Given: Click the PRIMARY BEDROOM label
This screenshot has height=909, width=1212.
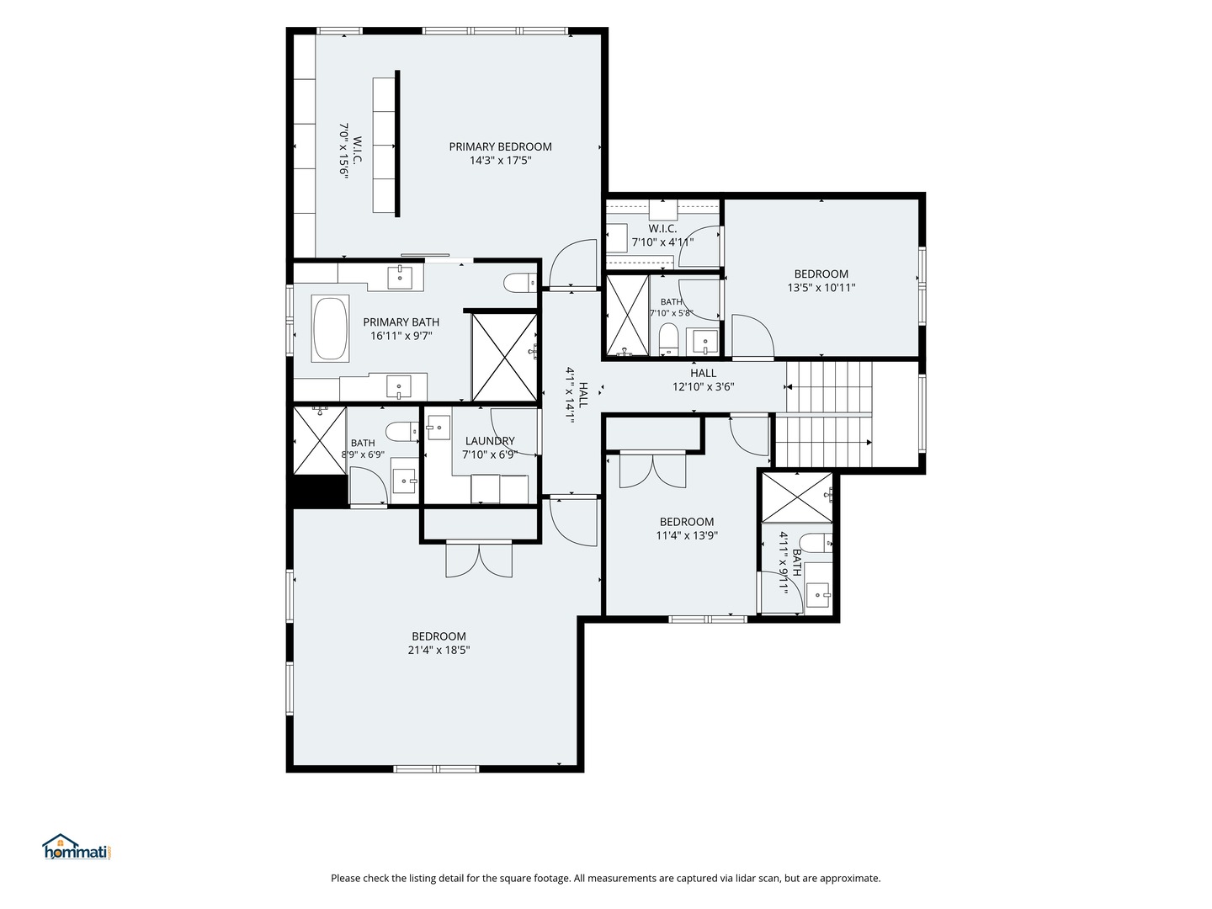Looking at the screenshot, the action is tap(500, 146).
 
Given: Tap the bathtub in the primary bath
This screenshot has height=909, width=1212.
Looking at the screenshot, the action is tap(330, 329).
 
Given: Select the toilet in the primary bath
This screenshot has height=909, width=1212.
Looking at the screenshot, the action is tap(519, 283).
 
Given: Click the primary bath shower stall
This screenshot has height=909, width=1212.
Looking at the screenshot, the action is tap(504, 358).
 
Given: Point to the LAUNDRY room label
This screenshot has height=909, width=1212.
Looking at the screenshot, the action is tap(490, 441).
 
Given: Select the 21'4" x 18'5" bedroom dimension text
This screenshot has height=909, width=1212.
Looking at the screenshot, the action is tap(439, 650).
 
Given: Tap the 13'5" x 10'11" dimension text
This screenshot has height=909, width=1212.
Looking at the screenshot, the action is tap(821, 288).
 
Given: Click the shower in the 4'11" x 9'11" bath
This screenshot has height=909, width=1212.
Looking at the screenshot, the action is tap(797, 497).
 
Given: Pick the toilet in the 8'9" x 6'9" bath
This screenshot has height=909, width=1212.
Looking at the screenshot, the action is tap(402, 432).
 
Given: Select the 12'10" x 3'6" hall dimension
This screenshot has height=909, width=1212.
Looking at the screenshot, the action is tap(703, 387).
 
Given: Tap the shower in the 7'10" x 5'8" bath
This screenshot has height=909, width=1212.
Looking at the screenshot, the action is tap(628, 315).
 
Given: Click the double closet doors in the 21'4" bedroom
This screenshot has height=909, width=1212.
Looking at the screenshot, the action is tap(479, 559).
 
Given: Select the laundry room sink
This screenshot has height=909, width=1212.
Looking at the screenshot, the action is tap(439, 428).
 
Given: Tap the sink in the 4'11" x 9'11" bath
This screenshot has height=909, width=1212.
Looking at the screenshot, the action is tap(818, 595).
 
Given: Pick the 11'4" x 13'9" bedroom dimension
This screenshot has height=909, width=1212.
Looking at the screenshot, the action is tap(686, 535).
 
